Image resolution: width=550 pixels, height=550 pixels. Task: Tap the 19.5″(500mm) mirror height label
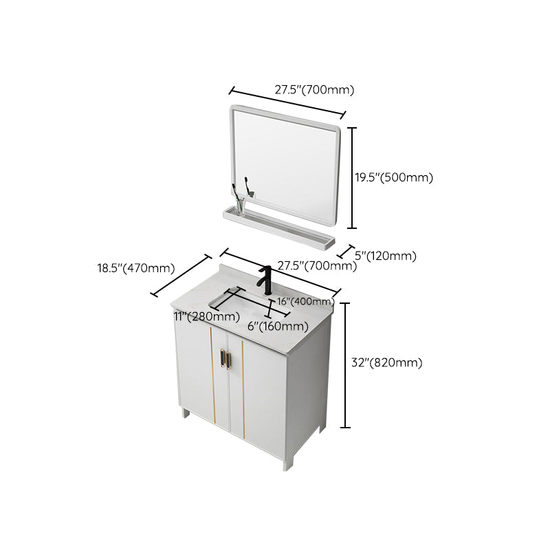pyautogui.click(x=393, y=177)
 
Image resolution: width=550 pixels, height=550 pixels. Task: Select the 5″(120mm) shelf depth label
pyautogui.click(x=385, y=256)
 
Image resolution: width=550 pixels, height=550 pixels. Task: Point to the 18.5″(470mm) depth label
pyautogui.click(x=135, y=268)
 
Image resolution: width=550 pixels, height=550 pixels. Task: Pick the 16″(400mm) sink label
pyautogui.click(x=306, y=302)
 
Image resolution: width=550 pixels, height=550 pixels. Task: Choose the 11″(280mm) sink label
pyautogui.click(x=206, y=316)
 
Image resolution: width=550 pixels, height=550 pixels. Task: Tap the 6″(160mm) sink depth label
pyautogui.click(x=278, y=326)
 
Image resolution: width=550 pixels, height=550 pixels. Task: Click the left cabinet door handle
pyautogui.click(x=222, y=358)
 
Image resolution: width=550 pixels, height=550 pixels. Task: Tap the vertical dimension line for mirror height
pyautogui.click(x=353, y=177)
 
